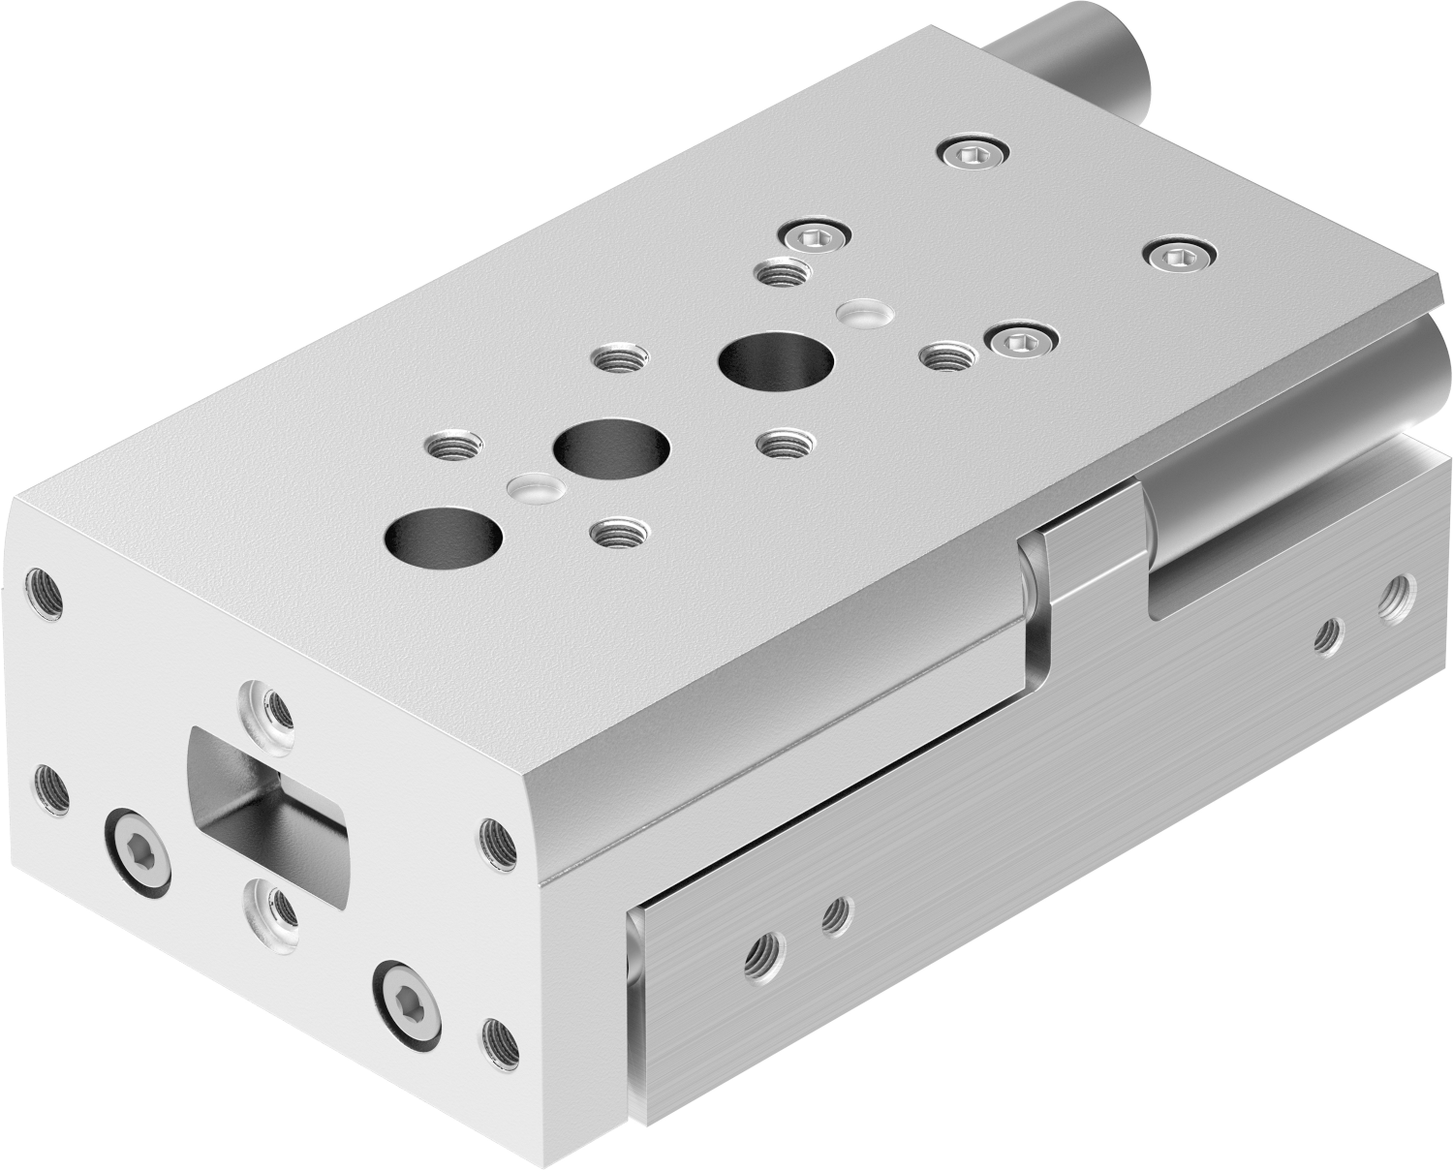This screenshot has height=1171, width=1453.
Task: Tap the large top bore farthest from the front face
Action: click(776, 360)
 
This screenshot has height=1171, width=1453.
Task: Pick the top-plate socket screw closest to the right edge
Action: click(1178, 256)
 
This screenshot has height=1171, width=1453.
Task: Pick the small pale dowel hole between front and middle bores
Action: click(534, 486)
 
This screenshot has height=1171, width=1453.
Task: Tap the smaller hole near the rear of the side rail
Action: click(1328, 634)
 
